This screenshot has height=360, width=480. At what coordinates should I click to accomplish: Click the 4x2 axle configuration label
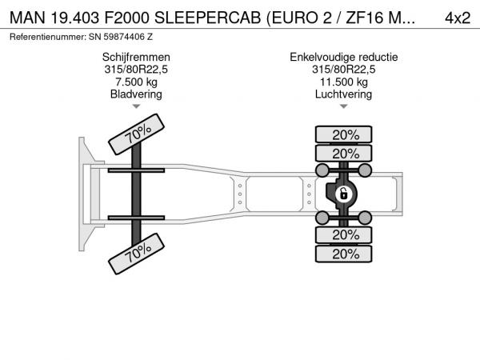point(458,18)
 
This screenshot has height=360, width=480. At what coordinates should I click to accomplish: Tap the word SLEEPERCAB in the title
point(207,18)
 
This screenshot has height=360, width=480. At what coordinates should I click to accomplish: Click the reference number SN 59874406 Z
point(121,37)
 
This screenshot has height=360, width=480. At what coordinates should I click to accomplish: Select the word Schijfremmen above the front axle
point(136,58)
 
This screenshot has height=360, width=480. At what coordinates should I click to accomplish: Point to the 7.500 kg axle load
point(136,82)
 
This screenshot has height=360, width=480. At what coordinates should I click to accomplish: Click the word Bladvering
point(136,94)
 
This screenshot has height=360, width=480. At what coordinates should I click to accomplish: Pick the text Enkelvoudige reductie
point(344,58)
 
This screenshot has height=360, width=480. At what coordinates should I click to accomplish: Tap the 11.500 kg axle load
point(344,82)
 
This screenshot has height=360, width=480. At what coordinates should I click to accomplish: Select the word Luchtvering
point(344,94)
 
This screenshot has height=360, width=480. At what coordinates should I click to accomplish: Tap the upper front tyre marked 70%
point(136,134)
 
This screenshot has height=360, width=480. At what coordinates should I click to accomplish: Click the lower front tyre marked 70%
point(136,254)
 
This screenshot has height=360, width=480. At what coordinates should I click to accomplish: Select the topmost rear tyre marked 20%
point(344,134)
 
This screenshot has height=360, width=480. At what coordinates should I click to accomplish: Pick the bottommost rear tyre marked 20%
point(344,254)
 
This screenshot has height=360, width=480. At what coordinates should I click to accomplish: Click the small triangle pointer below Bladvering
point(136,106)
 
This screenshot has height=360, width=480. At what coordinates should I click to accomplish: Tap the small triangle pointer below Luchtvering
point(344,106)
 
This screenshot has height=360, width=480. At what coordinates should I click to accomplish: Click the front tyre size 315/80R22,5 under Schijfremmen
point(136,70)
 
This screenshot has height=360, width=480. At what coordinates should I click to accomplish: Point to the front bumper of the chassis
point(87,194)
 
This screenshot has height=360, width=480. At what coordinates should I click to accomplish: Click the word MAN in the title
point(27,18)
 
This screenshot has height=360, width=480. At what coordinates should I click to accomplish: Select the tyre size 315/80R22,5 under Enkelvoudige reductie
point(344,70)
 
